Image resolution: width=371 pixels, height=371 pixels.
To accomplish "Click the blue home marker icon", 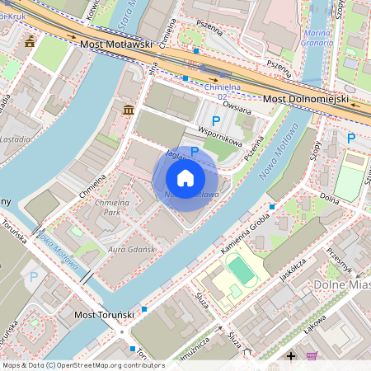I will click(185, 178).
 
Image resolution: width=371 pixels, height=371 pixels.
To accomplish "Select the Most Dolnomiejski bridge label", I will click(306, 100).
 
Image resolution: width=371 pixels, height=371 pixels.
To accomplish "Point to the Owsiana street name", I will click(236, 106).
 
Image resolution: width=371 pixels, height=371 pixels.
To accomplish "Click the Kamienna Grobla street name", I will click(246, 232).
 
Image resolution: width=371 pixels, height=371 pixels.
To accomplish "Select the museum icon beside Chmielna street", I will click(129, 110).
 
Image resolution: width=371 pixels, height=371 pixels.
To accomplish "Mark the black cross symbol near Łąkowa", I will click(290, 356).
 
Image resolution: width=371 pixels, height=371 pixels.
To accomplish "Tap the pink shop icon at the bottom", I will click(312, 356).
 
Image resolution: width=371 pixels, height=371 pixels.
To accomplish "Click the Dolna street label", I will click(329, 199).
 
